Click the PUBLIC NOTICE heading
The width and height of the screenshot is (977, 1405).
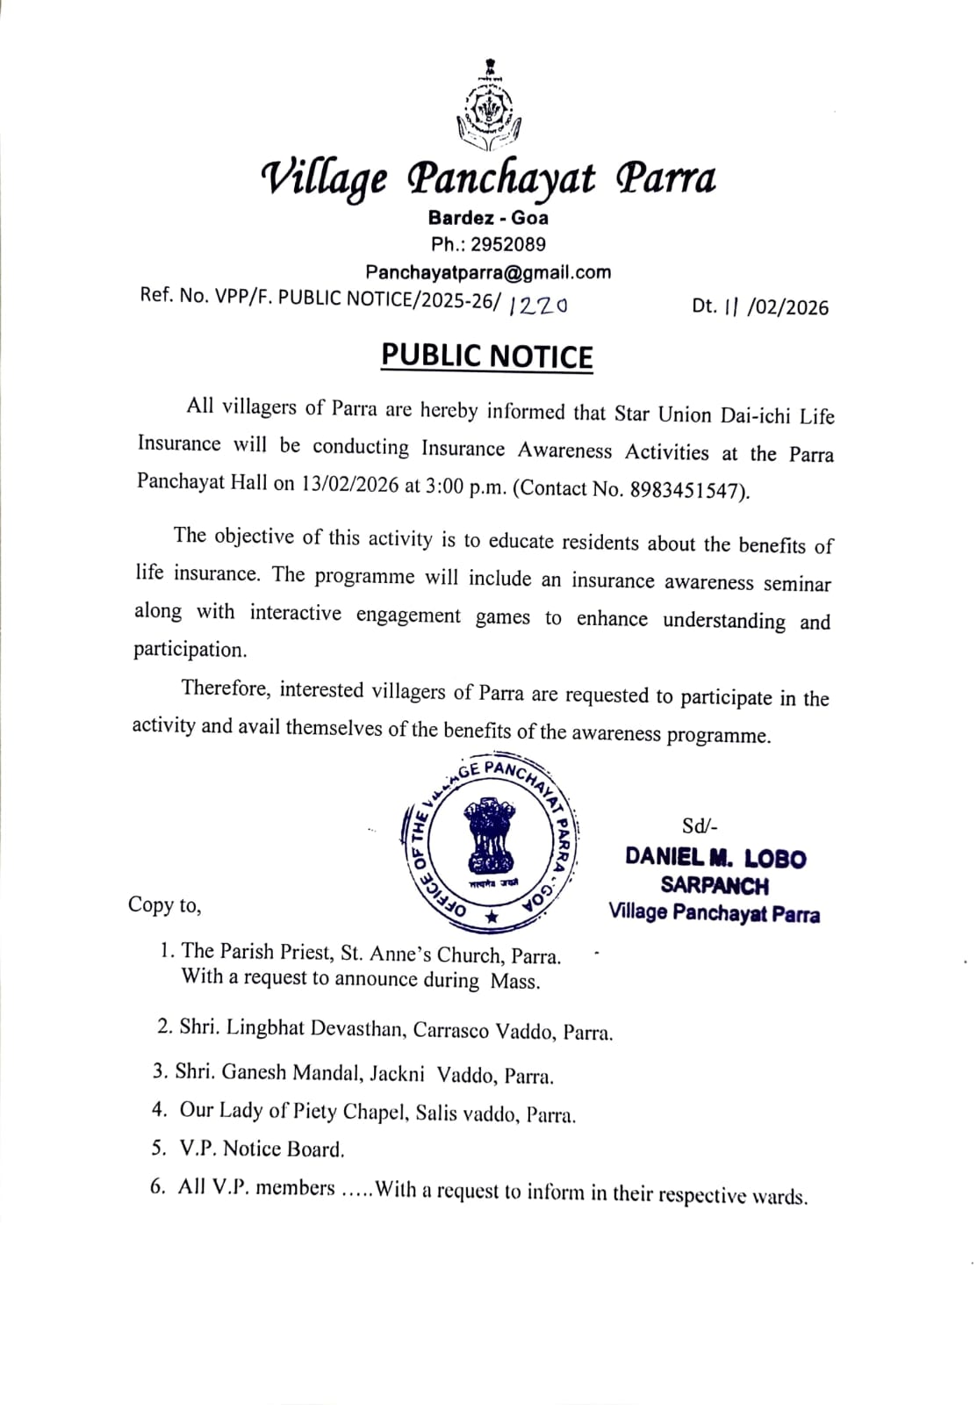[x=487, y=356]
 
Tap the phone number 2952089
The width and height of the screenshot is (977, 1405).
[x=507, y=244]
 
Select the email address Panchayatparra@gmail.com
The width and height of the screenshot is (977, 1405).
[x=488, y=272]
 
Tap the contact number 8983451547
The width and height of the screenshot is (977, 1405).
[x=687, y=489]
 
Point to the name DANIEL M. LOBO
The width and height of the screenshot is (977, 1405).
[x=715, y=857]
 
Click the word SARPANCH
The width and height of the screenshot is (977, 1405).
[x=715, y=885]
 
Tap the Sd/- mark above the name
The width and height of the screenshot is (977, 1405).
[x=700, y=826]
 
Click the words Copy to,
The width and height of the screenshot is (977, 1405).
[x=164, y=904]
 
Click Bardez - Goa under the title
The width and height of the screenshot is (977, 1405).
[x=488, y=218]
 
